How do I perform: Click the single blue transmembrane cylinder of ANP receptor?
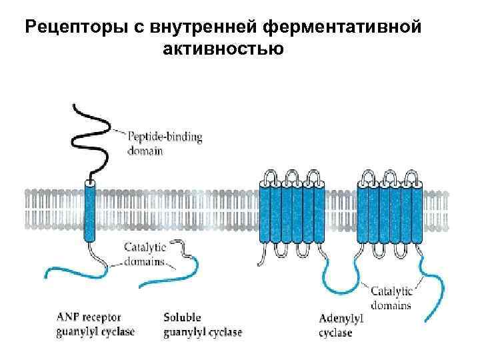tap(89, 209)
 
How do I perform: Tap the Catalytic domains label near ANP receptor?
tap(145, 253)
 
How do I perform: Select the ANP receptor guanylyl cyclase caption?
tap(95, 325)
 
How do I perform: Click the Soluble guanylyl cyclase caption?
tap(202, 325)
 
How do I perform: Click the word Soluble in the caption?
tap(181, 318)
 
